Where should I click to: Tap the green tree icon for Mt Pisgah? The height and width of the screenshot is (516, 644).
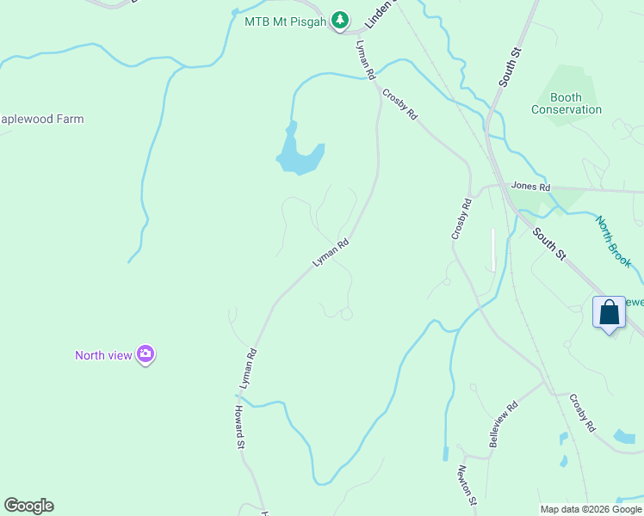click(x=341, y=19)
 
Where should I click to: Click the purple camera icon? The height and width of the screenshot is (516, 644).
click(x=146, y=353)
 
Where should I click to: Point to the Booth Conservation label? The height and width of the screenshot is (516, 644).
click(x=566, y=103)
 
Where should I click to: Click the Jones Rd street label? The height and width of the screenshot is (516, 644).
click(x=529, y=185)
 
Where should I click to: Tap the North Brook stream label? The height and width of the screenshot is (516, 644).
click(x=614, y=241)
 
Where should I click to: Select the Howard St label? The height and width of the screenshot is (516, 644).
click(x=240, y=428)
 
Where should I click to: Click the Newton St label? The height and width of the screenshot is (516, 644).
click(x=467, y=484)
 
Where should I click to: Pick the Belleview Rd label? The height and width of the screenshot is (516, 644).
click(x=505, y=423)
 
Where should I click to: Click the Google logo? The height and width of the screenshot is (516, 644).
click(x=28, y=506)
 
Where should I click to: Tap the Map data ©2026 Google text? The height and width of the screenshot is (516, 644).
click(x=591, y=509)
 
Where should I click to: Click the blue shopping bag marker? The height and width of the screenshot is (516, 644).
click(x=609, y=312)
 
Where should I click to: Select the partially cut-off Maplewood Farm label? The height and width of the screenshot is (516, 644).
click(x=42, y=120)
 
